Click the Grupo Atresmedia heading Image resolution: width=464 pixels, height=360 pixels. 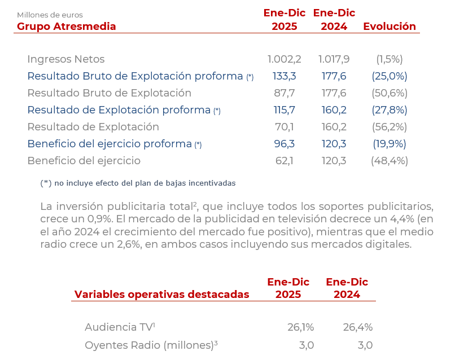tap(67, 27)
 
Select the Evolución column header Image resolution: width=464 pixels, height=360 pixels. tap(389, 27)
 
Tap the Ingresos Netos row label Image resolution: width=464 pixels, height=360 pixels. tap(66, 59)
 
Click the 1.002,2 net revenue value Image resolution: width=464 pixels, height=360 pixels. tap(284, 59)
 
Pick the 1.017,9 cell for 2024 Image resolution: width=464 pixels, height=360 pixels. tap(334, 59)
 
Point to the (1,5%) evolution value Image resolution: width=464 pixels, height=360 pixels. tap(389, 59)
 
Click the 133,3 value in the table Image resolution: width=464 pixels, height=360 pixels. tap(284, 76)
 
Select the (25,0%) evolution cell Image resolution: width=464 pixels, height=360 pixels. tap(389, 76)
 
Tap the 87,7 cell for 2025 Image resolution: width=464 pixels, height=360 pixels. tap(284, 93)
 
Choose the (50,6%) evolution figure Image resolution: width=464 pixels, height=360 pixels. tap(389, 93)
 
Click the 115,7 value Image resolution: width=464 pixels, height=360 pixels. tap(284, 110)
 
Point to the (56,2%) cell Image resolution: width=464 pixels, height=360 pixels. tap(389, 127)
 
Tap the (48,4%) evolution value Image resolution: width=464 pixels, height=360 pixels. tap(389, 161)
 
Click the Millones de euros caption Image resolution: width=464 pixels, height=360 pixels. tap(50, 15)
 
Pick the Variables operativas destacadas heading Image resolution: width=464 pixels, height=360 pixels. tap(161, 295)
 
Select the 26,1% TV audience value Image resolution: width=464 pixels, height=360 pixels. tap(300, 327)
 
